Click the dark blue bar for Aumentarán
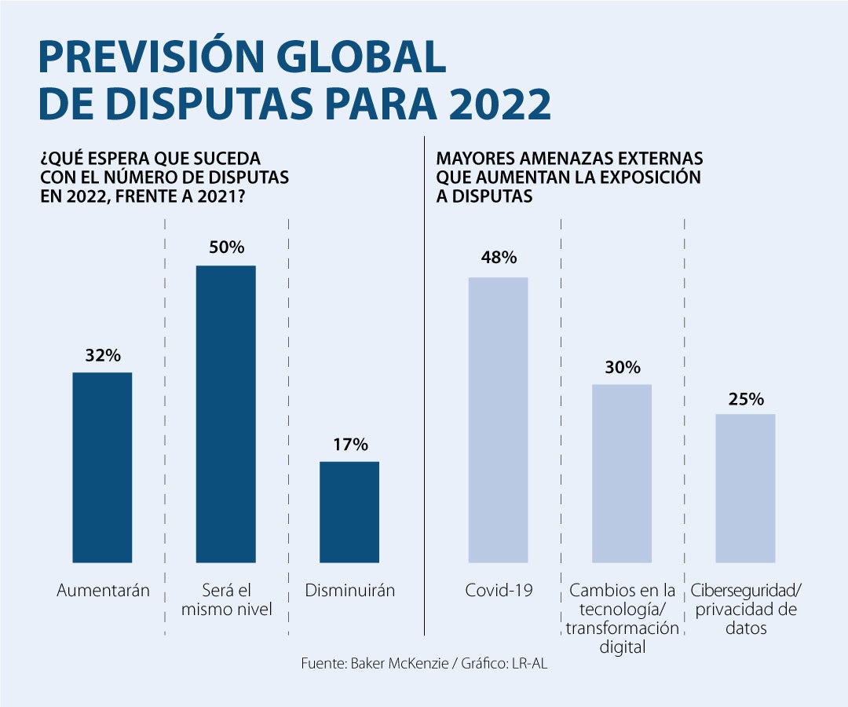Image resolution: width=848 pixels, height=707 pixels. [102, 467]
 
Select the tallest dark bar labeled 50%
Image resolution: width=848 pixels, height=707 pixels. [225, 414]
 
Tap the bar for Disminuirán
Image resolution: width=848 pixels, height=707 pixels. [349, 511]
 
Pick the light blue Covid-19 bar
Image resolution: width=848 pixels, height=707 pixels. [498, 419]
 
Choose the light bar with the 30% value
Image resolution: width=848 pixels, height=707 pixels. [622, 473]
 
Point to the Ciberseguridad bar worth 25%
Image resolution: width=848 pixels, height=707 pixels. [745, 488]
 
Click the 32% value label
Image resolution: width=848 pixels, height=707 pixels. [103, 355]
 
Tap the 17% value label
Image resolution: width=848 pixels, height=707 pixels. [349, 445]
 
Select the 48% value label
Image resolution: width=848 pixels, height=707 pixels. [499, 258]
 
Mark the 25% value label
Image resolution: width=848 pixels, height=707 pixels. [746, 398]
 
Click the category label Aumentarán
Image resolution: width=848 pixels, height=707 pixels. [103, 590]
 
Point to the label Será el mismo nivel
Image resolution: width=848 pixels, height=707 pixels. [226, 599]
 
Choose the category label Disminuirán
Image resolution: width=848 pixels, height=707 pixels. [349, 590]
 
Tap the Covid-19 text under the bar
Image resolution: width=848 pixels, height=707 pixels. [499, 590]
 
